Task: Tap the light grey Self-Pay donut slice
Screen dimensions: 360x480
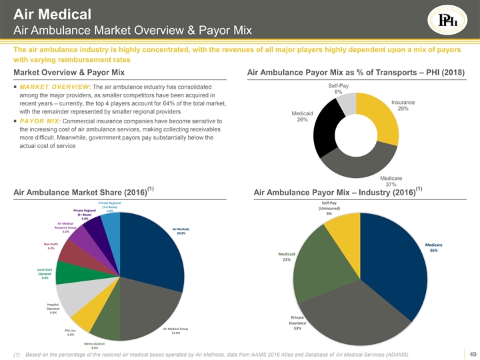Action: click(349, 103)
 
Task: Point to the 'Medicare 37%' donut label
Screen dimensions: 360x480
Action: click(393, 181)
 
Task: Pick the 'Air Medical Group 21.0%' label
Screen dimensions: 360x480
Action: click(175, 331)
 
